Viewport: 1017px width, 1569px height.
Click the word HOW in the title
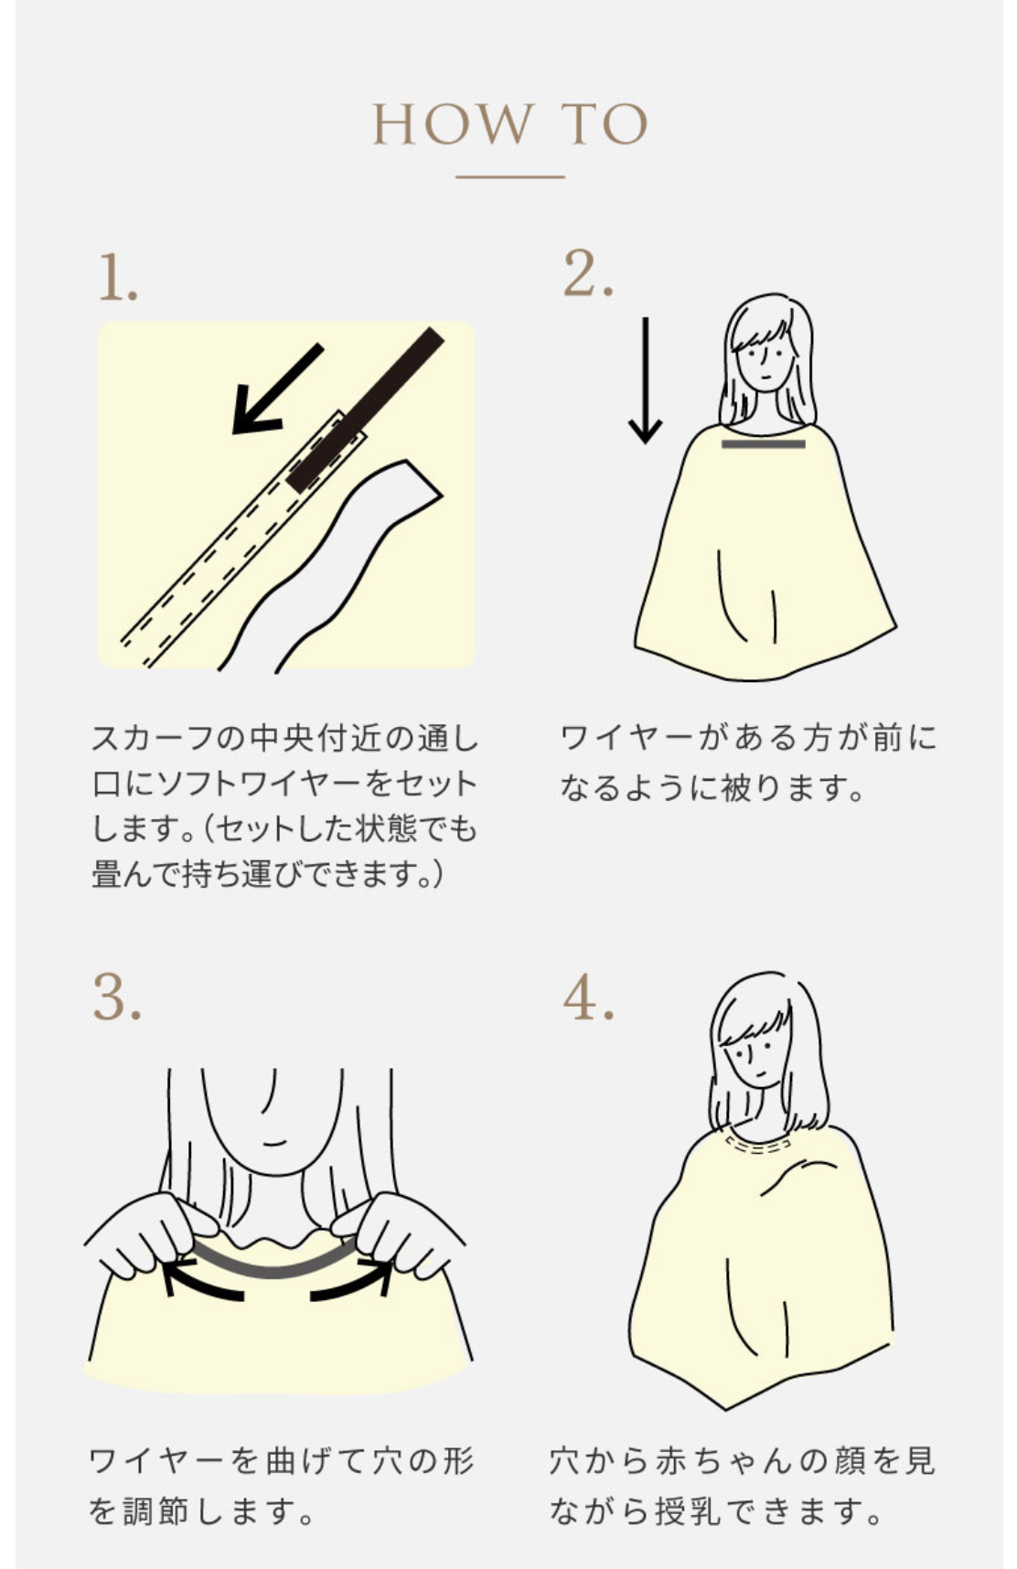pyautogui.click(x=454, y=125)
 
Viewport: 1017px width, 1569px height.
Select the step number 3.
pyautogui.click(x=117, y=998)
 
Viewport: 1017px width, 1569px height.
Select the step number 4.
pyautogui.click(x=588, y=998)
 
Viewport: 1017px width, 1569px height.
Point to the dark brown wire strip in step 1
pyautogui.click(x=367, y=408)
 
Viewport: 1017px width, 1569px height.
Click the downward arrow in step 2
pyautogui.click(x=646, y=379)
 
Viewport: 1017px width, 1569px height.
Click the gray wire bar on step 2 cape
pyautogui.click(x=763, y=444)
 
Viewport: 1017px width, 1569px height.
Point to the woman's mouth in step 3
pyautogui.click(x=274, y=1143)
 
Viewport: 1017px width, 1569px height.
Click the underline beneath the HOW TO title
pyautogui.click(x=509, y=176)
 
